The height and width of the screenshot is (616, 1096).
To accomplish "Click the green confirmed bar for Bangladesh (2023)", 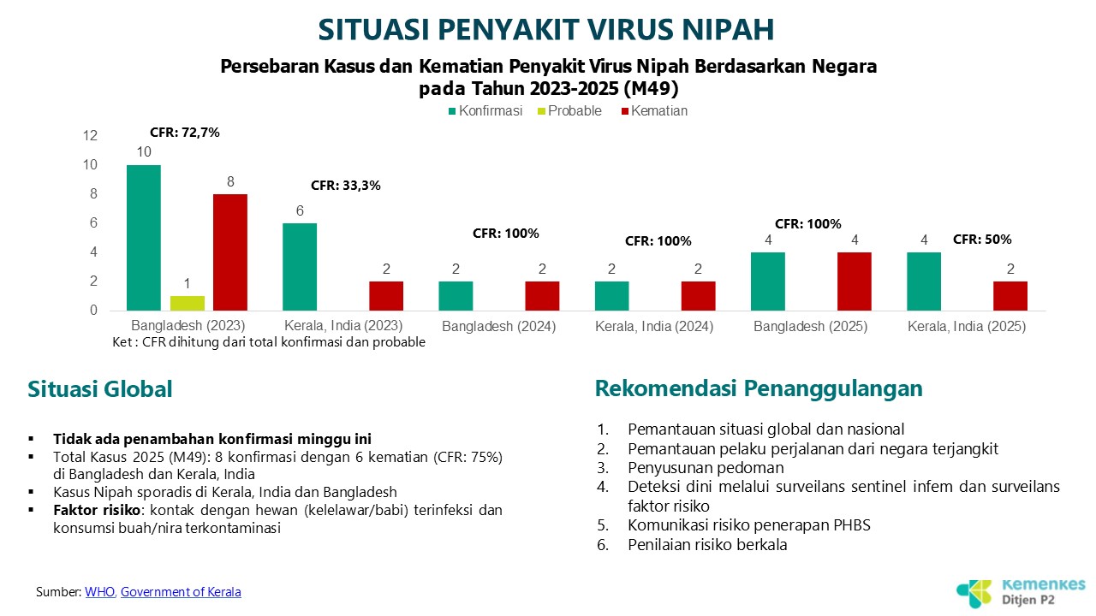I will [144, 238].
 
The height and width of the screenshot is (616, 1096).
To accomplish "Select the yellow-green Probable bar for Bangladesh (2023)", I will [188, 303].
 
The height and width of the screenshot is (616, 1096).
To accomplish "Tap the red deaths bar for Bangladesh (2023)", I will [230, 252].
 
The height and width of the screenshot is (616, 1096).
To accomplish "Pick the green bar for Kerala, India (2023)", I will [300, 267].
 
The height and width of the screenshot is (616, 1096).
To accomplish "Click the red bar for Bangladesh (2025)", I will [855, 281].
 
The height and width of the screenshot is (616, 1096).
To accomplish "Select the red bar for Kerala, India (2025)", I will [1010, 296].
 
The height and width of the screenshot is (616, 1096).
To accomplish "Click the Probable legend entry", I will [568, 111].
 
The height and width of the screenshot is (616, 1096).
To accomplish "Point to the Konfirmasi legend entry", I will [484, 111].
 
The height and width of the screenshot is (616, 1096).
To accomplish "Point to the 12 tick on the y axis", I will [91, 136].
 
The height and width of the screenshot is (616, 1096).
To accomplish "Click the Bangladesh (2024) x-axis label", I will [499, 327].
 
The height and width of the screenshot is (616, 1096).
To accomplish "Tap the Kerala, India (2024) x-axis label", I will [655, 327].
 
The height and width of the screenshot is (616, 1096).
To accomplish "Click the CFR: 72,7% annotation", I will [185, 133].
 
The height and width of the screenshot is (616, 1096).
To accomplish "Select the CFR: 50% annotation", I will [982, 240].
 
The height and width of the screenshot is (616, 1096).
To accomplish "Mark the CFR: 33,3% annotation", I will [345, 185].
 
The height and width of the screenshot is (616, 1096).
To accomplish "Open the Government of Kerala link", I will [181, 592].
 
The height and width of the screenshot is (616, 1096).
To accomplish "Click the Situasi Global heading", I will [100, 389].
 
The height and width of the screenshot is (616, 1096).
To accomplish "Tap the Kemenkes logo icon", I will [974, 592].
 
